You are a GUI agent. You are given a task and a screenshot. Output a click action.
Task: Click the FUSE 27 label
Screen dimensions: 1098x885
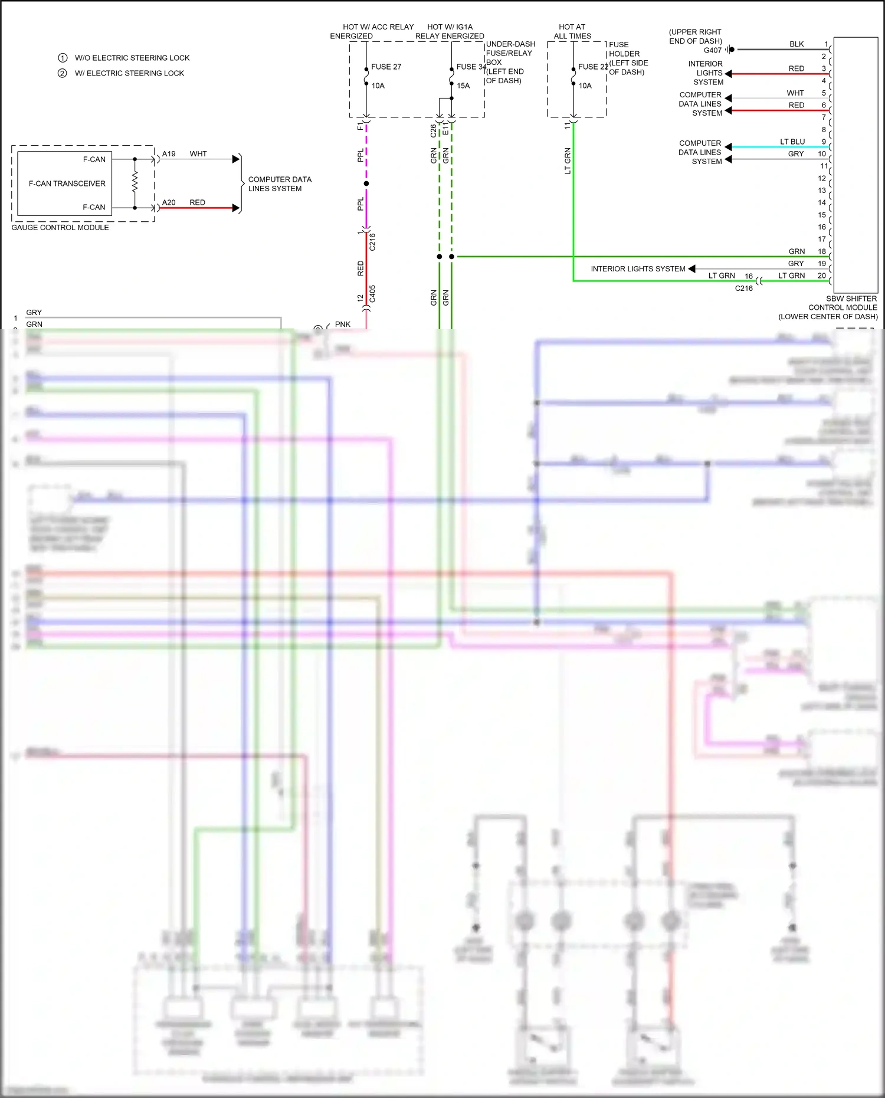(x=386, y=67)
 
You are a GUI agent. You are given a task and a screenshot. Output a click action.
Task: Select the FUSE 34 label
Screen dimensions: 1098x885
(x=471, y=67)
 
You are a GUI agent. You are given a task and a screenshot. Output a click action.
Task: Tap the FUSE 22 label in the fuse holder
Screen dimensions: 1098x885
(x=592, y=67)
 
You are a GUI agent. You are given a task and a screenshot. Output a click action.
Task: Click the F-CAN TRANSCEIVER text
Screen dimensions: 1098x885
(x=67, y=183)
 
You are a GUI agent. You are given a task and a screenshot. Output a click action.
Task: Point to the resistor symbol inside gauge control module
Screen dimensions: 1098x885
(x=135, y=182)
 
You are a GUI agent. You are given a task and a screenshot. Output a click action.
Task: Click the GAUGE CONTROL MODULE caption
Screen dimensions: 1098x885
(x=60, y=227)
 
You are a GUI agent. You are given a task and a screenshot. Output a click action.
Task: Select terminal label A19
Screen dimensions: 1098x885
(x=169, y=154)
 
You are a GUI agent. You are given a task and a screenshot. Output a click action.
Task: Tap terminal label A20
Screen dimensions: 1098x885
(x=169, y=202)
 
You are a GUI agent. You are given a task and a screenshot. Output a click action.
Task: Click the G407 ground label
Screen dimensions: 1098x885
(x=712, y=50)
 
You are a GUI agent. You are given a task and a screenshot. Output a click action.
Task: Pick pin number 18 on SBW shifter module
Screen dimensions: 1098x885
(x=822, y=251)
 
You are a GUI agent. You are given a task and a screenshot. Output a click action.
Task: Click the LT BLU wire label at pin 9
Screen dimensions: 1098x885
(x=792, y=142)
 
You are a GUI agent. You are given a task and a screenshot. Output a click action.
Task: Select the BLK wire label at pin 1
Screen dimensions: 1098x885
(x=796, y=44)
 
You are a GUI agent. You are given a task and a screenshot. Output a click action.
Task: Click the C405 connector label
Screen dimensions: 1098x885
(x=372, y=294)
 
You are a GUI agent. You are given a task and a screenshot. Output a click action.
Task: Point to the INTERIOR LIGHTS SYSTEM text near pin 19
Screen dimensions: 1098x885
(x=638, y=268)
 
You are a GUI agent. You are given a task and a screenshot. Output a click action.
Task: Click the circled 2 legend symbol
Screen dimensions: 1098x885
(x=62, y=73)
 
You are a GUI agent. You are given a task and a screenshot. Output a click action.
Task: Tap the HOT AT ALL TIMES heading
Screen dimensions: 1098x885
(x=572, y=31)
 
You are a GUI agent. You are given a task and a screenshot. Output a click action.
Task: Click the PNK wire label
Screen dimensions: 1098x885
(x=342, y=324)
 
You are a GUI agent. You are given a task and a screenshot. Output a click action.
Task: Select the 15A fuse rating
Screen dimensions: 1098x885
(x=463, y=86)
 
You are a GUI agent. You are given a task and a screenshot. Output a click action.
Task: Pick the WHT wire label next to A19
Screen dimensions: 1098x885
(x=198, y=154)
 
